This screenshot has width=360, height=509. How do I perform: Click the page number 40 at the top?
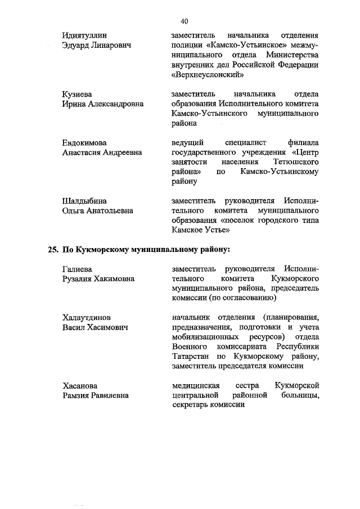pos(184,21)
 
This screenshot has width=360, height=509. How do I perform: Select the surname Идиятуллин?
pos(85,35)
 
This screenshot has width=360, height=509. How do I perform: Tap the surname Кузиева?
pos(77,93)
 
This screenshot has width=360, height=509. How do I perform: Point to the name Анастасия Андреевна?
pos(102,152)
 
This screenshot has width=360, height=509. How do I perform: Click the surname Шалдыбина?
pos(84,200)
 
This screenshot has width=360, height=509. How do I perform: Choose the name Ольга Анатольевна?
pos(98,210)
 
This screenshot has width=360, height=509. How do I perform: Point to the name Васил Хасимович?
pos(94,327)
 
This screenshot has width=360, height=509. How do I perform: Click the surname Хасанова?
pos(79,385)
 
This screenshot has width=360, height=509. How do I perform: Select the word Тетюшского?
pos(297,162)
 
